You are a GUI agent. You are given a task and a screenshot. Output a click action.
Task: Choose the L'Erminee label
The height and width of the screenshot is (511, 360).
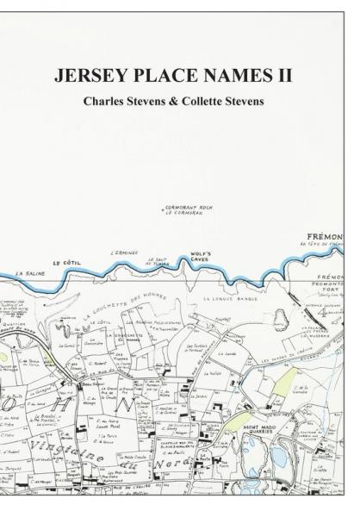[124, 253]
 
